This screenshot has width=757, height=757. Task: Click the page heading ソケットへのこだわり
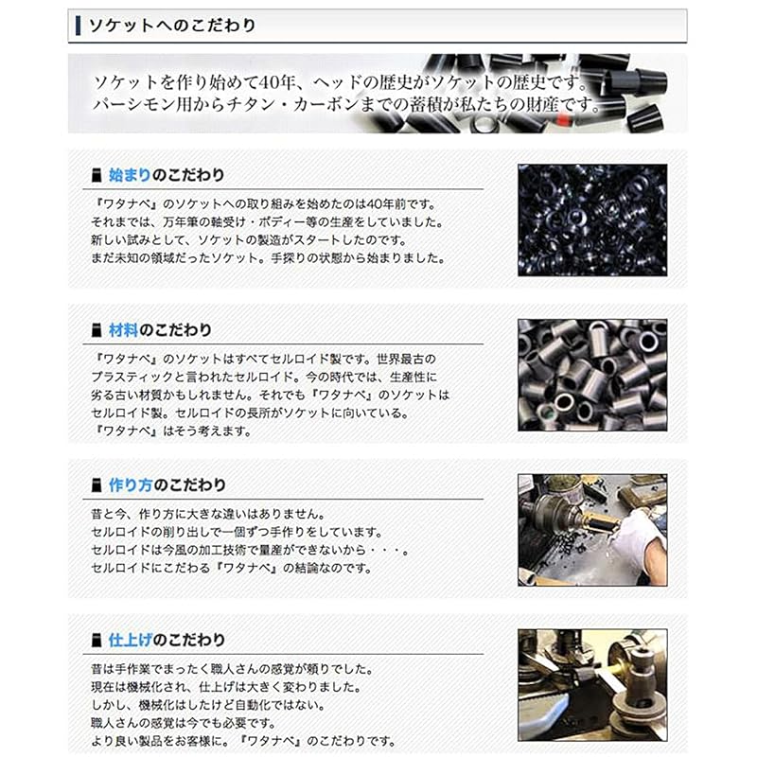(x=171, y=26)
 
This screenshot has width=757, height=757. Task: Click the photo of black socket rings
(x=591, y=220)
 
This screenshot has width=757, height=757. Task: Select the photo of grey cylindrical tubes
(x=591, y=374)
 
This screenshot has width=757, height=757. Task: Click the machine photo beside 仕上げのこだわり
(x=591, y=683)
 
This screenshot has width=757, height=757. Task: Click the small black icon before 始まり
(x=94, y=175)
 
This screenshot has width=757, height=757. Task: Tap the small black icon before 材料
(x=94, y=329)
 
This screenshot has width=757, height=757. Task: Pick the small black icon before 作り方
(x=94, y=484)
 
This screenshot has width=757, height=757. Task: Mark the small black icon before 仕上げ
(x=94, y=639)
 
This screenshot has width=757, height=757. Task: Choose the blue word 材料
(x=122, y=329)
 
